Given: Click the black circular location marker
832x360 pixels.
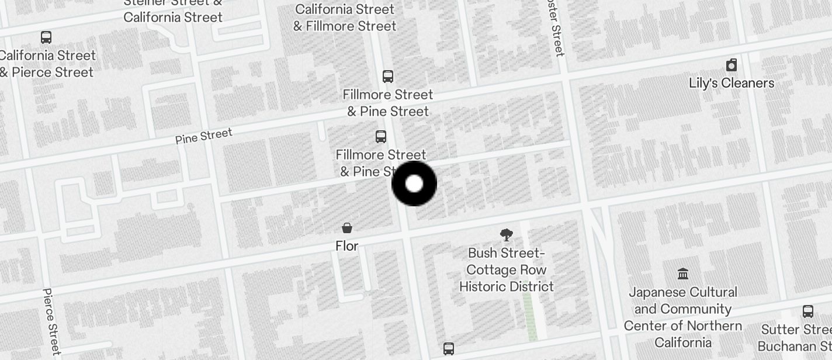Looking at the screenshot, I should (414, 184).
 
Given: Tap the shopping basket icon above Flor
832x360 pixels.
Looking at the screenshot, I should (347, 227).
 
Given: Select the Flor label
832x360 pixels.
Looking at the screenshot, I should (347, 246).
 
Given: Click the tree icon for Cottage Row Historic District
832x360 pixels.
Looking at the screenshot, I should (507, 235).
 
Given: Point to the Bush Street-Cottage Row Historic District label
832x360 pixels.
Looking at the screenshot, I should (507, 269).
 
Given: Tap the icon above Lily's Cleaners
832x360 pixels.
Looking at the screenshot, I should (731, 64).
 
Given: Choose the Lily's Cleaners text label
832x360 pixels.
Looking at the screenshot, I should (731, 83).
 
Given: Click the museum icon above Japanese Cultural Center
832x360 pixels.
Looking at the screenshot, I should (682, 274).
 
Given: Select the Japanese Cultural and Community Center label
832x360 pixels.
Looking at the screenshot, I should (682, 317).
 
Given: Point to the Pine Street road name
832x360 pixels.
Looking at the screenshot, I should (203, 136).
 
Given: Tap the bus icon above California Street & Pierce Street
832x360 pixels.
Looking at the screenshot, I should (46, 37).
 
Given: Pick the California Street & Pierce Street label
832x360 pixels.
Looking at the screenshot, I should (47, 64).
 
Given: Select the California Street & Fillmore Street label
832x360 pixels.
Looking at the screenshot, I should (345, 18).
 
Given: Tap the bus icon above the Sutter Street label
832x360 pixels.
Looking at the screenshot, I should (808, 311).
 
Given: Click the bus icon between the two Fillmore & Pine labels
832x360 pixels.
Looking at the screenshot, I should (381, 137).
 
